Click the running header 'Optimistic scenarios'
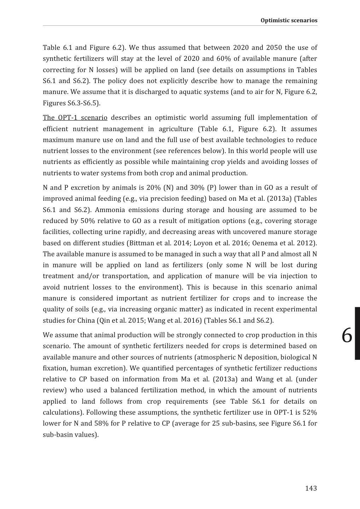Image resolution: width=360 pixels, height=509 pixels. point(289,20)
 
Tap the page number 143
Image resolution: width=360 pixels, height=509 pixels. point(311,488)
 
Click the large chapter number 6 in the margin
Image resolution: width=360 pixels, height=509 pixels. point(347,335)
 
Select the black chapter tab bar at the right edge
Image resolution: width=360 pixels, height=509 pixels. point(357,333)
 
